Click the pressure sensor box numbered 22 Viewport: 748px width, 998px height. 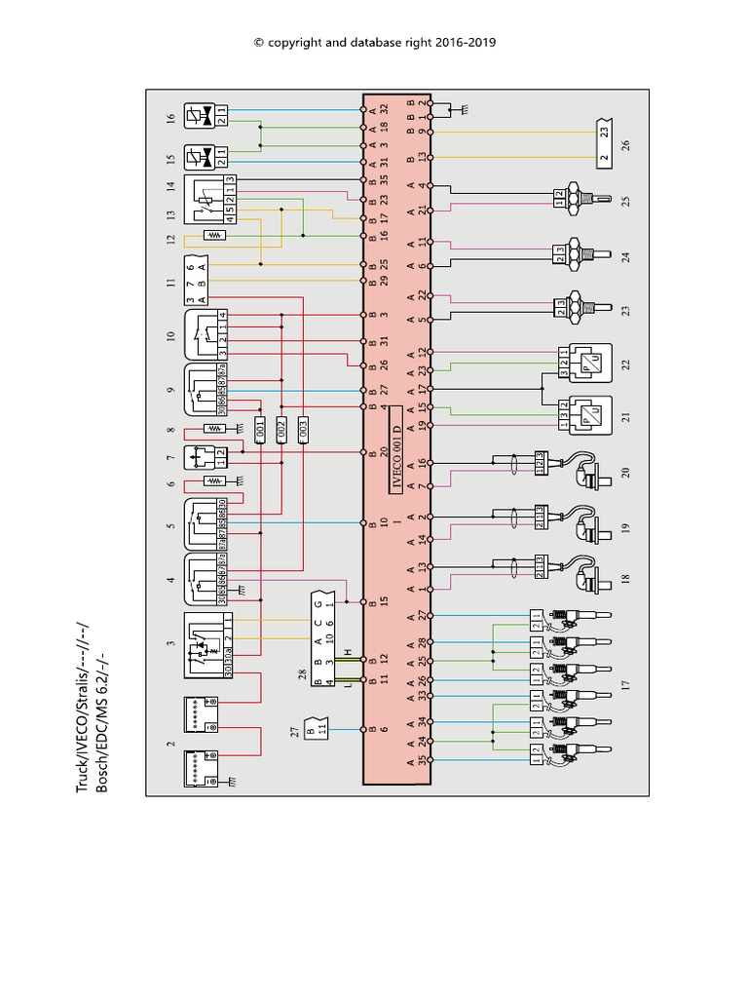tap(584, 364)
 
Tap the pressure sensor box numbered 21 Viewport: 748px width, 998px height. tap(584, 414)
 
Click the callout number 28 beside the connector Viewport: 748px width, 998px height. tap(303, 673)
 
